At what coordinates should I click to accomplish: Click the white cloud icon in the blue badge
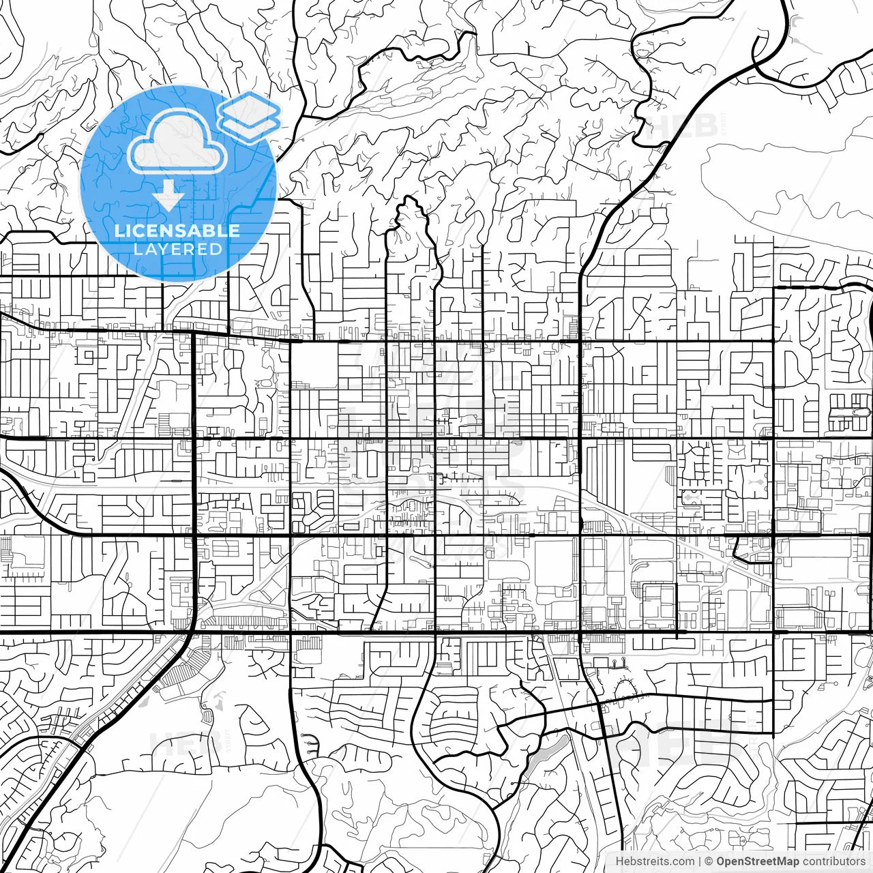click(x=177, y=142)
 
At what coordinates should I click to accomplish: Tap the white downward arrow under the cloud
click(x=168, y=198)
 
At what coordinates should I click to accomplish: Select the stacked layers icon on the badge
click(x=250, y=117)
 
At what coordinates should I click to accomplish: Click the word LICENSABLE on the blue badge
click(x=177, y=231)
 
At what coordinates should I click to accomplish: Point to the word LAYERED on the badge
click(x=177, y=249)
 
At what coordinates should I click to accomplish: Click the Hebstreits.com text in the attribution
click(x=655, y=861)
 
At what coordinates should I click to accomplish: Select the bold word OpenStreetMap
click(x=757, y=861)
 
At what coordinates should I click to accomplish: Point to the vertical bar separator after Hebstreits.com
click(x=700, y=861)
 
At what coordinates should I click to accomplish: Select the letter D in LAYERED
click(x=216, y=249)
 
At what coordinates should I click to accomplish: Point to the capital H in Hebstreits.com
click(x=619, y=861)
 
